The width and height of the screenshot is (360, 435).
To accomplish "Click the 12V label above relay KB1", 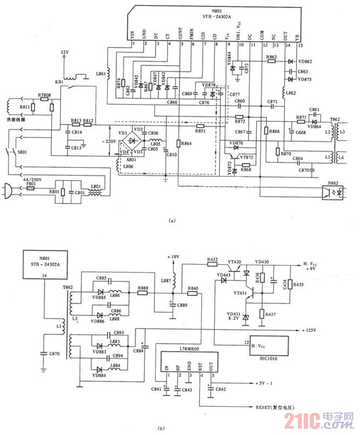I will click(65, 52).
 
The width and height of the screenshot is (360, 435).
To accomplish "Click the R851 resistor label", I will click(200, 131).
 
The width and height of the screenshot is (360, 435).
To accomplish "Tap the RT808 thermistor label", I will click(44, 96).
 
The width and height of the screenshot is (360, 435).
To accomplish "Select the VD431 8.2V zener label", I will click(234, 317).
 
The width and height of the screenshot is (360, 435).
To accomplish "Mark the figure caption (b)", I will click(161, 429).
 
